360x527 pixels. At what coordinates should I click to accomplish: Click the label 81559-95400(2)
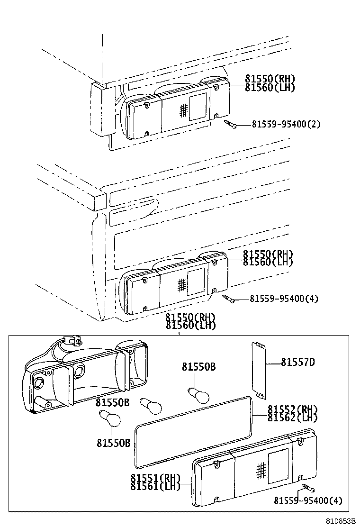tap(286, 125)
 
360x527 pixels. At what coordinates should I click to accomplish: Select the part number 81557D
tap(298, 363)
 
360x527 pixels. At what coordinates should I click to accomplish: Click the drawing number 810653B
tap(340, 521)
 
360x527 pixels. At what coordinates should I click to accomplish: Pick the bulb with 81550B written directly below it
tap(111, 419)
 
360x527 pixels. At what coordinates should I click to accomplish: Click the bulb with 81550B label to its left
tap(151, 405)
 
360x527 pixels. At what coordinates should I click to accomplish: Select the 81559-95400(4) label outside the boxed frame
tap(284, 299)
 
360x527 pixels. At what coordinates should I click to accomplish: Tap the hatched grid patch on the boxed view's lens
tap(260, 470)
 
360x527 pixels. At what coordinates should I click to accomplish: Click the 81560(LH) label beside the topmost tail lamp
tap(270, 88)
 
